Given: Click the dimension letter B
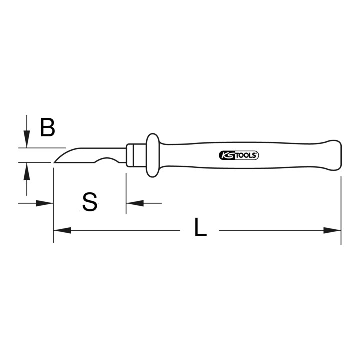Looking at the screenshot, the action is click(x=48, y=127).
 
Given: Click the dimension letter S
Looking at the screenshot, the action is click(x=90, y=202).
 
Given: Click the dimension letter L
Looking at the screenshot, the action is click(x=200, y=227).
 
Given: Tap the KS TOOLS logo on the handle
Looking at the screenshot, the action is click(x=239, y=155).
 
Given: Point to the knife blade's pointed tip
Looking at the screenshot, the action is click(x=54, y=162).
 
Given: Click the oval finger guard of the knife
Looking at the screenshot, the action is click(x=152, y=155).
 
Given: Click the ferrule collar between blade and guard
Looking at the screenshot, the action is click(x=136, y=155).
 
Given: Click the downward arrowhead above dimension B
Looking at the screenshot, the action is click(x=27, y=139).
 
